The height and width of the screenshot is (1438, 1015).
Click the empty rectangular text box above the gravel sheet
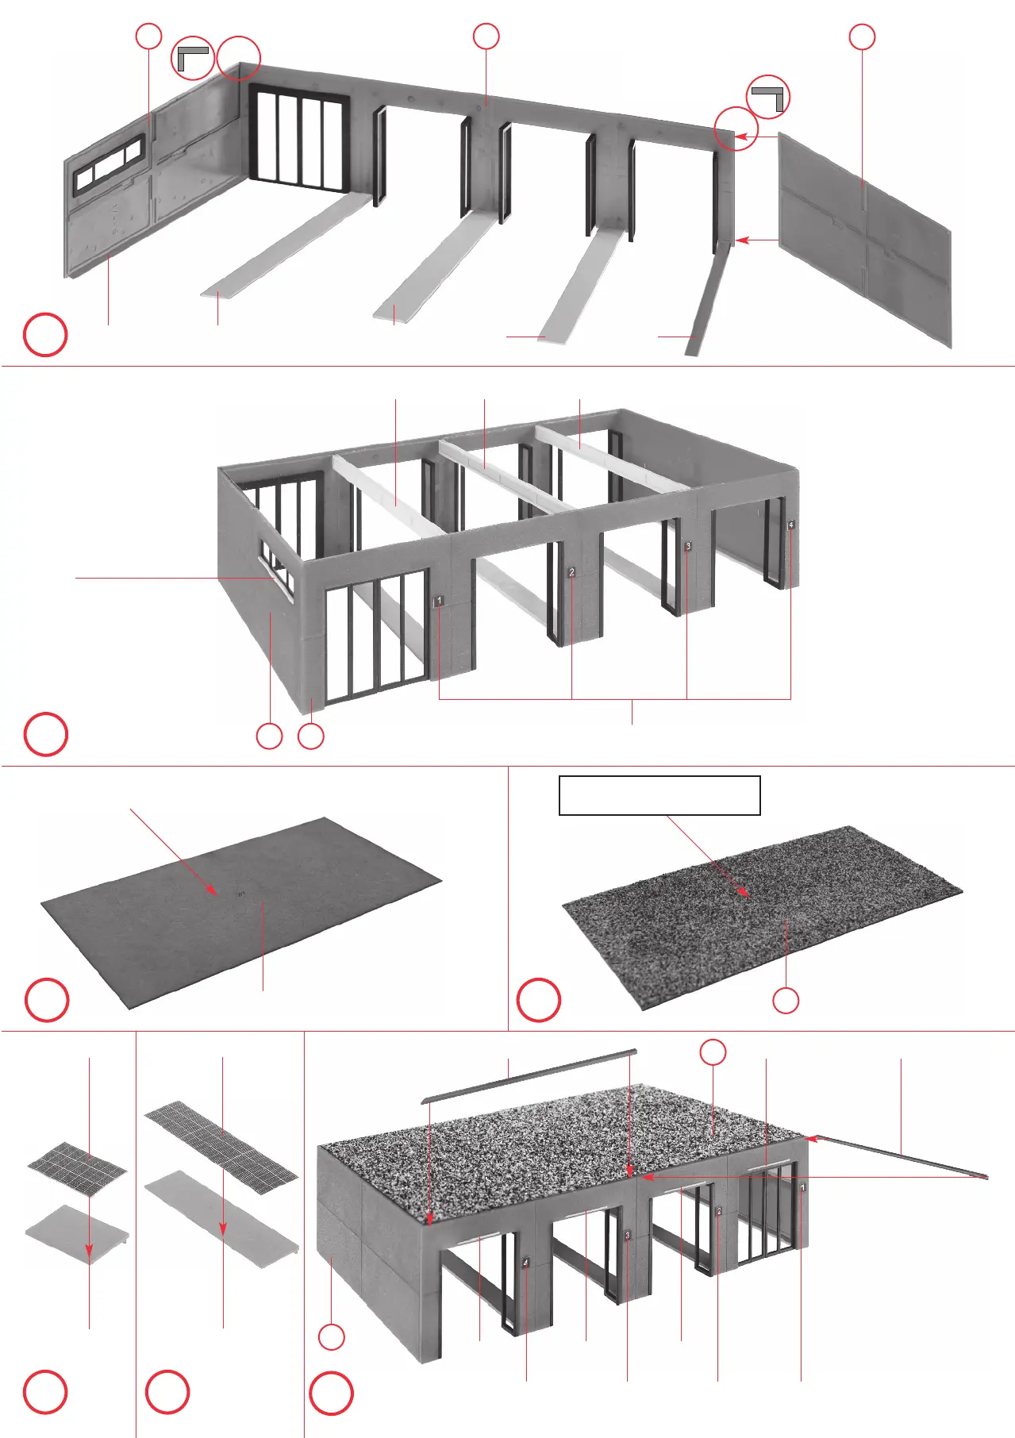point(659,795)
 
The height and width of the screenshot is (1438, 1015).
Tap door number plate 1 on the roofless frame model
point(439,602)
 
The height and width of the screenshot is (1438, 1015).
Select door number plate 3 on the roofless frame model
point(688,546)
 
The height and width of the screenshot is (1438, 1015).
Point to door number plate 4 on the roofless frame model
point(790,525)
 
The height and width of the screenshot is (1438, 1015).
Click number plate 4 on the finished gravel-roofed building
point(525,1262)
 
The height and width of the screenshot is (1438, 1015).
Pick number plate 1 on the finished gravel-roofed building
point(802,1188)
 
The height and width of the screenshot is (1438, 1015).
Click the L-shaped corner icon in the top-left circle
point(191,57)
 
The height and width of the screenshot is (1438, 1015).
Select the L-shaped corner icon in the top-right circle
point(768,97)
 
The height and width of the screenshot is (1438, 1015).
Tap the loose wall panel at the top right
point(865,238)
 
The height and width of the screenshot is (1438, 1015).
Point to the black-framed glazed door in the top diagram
point(299,140)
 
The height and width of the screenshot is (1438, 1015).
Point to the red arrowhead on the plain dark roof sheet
point(213,890)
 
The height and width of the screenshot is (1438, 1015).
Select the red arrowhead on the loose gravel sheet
point(744,892)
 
